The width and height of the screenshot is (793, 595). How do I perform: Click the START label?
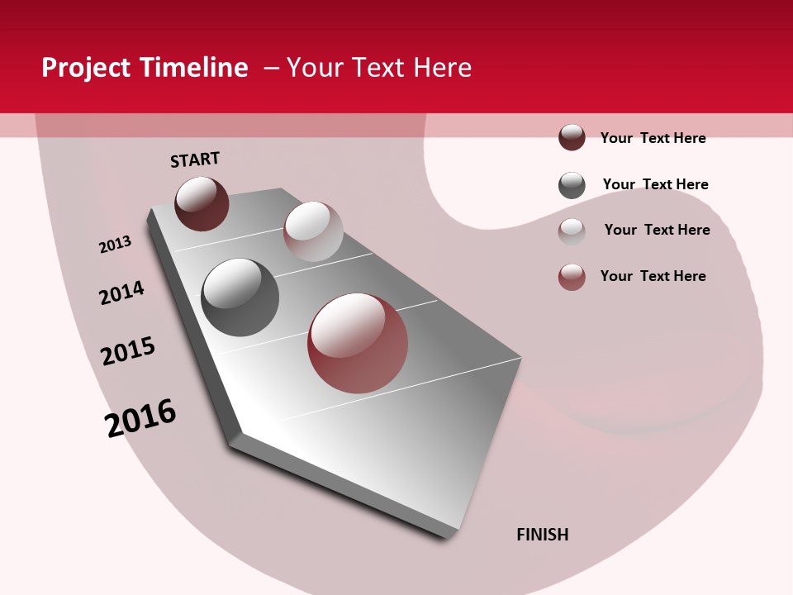[x=195, y=159]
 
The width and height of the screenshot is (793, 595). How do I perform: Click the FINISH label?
[x=542, y=535]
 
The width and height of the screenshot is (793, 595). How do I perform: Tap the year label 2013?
[x=116, y=245]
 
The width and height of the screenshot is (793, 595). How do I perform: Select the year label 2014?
[x=121, y=293]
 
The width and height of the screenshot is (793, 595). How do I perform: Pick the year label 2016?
[x=140, y=418]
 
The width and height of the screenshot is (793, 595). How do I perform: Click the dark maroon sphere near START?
[x=202, y=203]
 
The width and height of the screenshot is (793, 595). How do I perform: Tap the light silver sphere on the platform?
[x=313, y=231]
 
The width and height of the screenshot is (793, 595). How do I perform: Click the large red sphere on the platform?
[x=358, y=343]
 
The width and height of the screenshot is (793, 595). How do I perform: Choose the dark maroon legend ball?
[x=572, y=138]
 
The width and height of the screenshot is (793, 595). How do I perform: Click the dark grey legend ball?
[x=572, y=185]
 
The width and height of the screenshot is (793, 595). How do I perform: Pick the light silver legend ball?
[x=572, y=231]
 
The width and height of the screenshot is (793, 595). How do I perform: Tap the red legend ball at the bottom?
[x=572, y=278]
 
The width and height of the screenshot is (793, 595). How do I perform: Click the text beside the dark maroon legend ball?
[x=653, y=138]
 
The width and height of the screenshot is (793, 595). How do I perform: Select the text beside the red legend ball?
[x=653, y=276]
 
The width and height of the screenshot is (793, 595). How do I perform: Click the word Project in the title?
[x=85, y=68]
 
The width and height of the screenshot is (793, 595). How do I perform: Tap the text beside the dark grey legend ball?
[x=655, y=184]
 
